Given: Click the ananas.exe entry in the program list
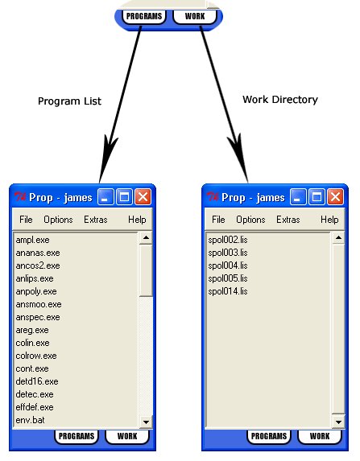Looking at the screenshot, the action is point(38,253).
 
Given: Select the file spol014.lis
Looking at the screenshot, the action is point(228,291).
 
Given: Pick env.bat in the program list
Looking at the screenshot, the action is point(30,420).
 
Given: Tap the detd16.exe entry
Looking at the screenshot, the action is point(37,381).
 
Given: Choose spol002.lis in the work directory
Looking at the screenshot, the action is point(228,240).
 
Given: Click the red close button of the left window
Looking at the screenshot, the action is point(143,196).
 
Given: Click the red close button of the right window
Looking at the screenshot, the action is point(336,196).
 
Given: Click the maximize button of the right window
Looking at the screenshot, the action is point(317,196).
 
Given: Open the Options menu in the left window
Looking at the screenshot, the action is point(58,220).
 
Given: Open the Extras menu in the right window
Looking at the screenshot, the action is point(288,220).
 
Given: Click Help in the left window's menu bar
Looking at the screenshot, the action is point(137,220).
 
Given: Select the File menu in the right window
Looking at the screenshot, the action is point(218,220).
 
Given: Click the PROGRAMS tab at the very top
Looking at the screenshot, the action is point(144,16).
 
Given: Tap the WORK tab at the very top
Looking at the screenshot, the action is point(195,16).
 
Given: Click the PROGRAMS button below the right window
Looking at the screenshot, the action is point(269,436).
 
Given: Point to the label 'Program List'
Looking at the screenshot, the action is point(69,101).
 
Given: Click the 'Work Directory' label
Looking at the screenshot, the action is point(280,100).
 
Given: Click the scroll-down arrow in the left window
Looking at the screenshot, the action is point(146,422).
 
